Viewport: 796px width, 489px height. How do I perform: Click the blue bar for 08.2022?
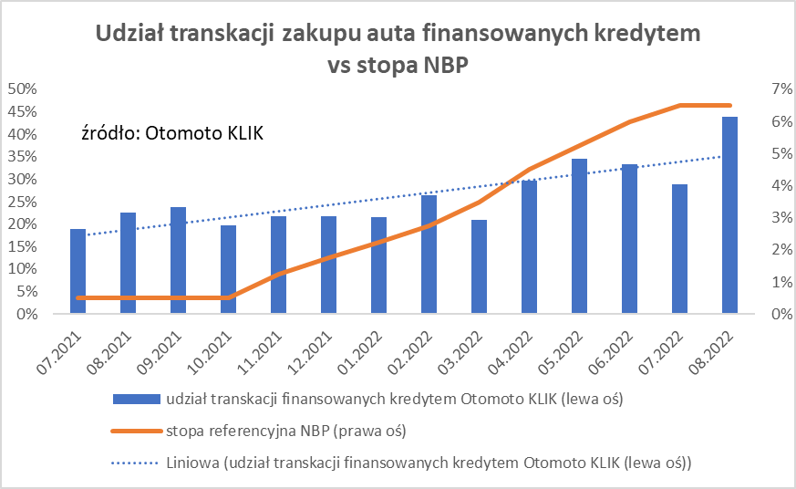tap(729, 215)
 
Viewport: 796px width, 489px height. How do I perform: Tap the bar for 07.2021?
tap(78, 271)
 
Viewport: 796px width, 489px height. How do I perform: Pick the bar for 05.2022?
tap(579, 236)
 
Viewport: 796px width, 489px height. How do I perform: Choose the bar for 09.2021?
tap(179, 260)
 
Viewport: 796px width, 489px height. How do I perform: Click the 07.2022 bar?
tap(679, 249)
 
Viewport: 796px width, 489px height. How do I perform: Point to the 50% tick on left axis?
tap(22, 88)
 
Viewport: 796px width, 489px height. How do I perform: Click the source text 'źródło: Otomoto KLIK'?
tap(171, 134)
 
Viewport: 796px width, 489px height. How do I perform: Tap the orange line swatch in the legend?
tap(135, 430)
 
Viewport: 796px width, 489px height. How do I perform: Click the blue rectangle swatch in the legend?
tap(135, 399)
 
